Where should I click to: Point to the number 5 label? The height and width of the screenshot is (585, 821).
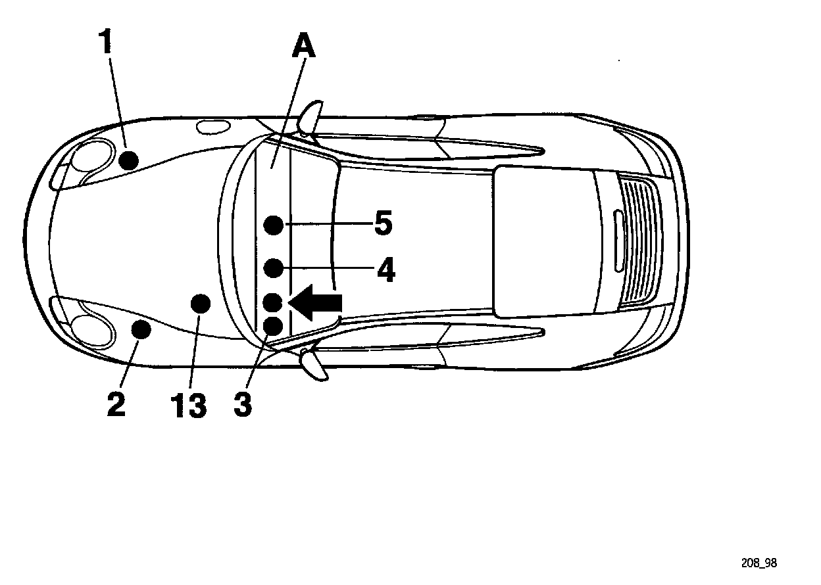coord(383,224)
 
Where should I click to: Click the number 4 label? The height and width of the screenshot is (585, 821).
coord(386,269)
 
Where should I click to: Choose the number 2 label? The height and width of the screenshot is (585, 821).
coord(116,404)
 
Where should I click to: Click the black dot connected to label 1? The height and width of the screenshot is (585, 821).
coord(129,160)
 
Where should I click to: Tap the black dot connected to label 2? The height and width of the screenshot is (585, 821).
coord(141,329)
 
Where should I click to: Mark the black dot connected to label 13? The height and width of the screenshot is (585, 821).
coord(200,303)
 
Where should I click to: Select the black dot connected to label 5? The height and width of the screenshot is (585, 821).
coord(274,225)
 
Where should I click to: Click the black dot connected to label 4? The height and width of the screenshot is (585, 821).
coord(274,268)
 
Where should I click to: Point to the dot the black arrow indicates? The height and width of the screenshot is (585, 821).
coord(273,302)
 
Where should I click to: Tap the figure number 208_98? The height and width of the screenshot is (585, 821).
coord(759,563)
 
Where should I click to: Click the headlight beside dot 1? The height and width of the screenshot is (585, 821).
coord(89,157)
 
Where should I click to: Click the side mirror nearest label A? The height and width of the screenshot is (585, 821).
coord(311,117)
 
